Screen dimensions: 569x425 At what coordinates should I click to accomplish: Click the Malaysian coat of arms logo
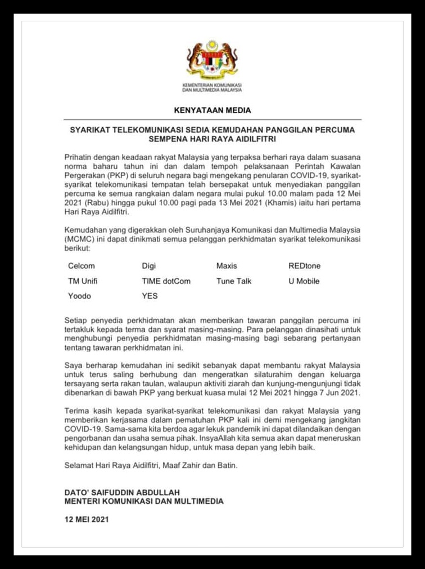[212, 58]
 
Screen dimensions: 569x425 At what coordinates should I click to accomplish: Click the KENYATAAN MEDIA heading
[213, 110]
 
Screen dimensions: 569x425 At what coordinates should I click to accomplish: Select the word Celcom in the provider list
[82, 266]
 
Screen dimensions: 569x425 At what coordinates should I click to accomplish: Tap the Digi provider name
[149, 266]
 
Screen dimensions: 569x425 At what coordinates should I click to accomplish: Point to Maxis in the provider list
[227, 266]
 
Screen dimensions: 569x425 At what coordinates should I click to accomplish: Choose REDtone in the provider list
[305, 266]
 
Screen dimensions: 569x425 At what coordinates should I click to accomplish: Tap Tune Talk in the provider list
[234, 281]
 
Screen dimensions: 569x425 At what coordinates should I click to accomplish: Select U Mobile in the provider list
[304, 281]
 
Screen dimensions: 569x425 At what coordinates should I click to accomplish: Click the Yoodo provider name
[79, 296]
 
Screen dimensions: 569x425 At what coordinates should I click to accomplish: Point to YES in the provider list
[150, 296]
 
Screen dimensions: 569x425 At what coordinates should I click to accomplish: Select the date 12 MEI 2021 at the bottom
[87, 520]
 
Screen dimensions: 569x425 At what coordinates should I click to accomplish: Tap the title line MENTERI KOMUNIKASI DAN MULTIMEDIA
[144, 501]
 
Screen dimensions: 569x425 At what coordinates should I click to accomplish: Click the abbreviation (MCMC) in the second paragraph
[80, 239]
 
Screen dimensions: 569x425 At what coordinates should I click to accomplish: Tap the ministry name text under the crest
[212, 87]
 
